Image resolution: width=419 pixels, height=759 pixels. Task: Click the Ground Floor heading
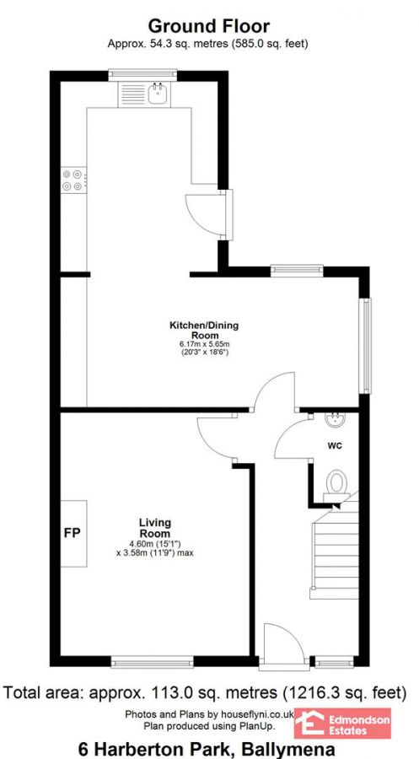209,27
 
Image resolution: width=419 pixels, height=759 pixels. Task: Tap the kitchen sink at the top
158,94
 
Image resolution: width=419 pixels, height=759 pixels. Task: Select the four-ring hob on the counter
72,179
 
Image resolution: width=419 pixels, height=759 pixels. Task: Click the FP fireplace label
71,534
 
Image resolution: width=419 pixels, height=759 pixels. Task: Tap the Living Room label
155,528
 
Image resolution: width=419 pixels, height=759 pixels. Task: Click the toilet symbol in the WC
336,482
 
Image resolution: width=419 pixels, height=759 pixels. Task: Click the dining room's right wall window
365,345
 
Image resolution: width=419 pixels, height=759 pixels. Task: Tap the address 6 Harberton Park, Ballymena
207,748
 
